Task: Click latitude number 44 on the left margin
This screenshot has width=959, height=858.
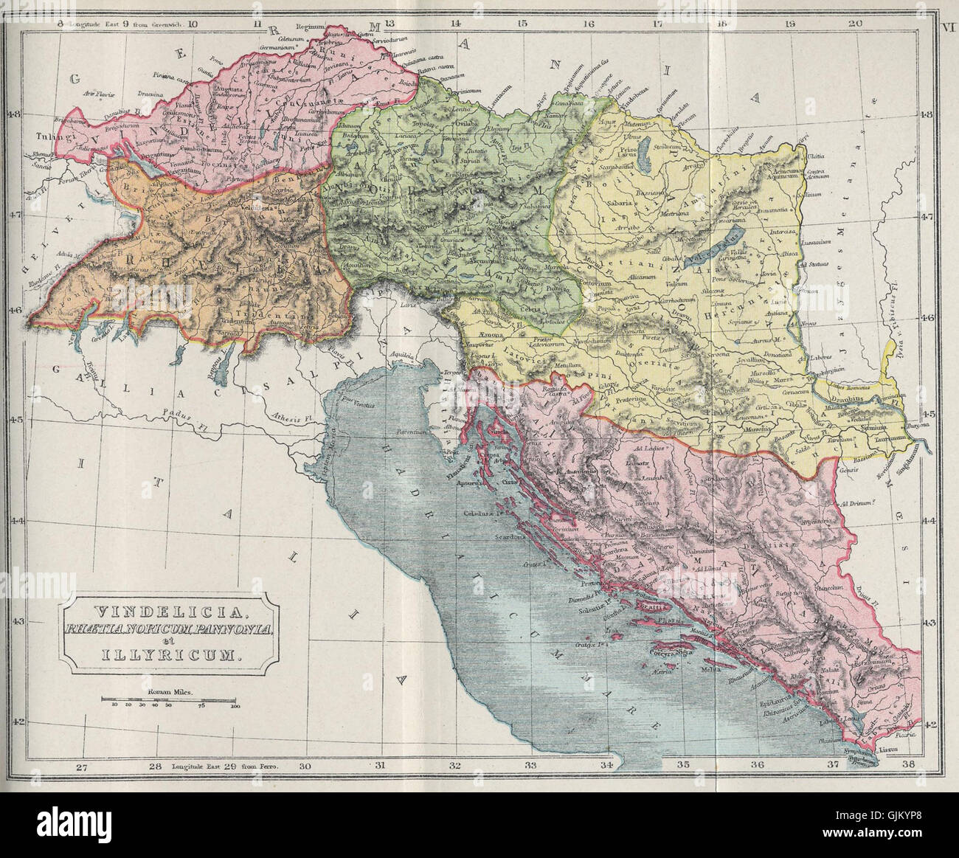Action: (x=14, y=521)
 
